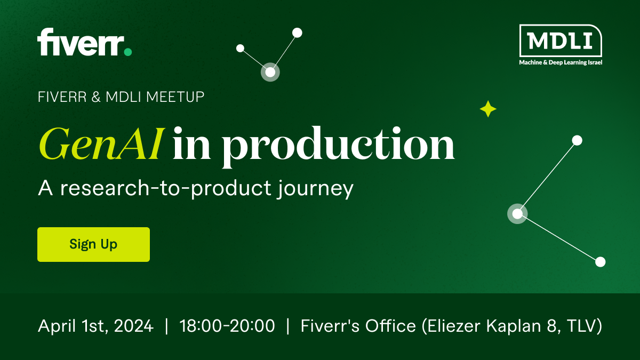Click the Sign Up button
point(93,244)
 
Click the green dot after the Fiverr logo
point(127,52)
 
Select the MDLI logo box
point(561,41)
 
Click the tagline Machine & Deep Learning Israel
point(561,62)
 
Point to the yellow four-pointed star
point(488,109)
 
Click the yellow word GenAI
point(102,143)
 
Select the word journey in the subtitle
point(315,189)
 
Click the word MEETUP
point(175,97)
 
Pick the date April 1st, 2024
point(95,326)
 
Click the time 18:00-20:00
point(227,326)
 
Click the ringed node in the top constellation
point(270,73)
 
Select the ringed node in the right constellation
point(517,214)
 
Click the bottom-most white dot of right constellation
point(601,262)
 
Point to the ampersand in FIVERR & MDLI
point(97,97)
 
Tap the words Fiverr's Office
point(358,326)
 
